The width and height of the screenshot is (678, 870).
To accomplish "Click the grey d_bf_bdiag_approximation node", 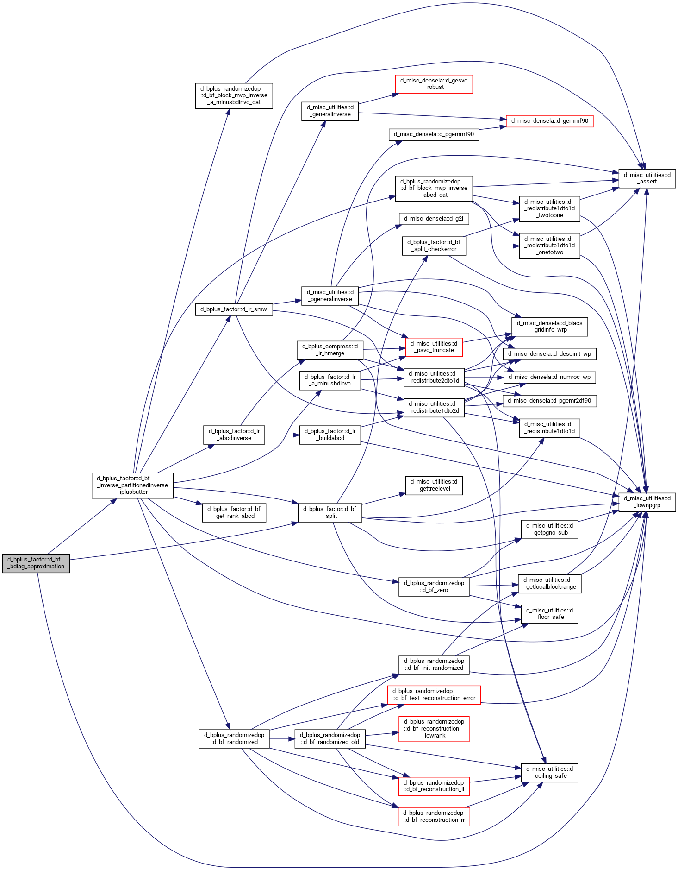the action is click(36, 563).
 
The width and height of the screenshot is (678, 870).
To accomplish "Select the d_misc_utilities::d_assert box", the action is click(647, 178).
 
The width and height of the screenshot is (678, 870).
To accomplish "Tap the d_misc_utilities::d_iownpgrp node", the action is click(647, 502).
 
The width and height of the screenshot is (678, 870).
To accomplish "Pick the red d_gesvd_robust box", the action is click(434, 84).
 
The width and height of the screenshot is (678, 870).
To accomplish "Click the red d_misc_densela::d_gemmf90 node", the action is click(549, 121).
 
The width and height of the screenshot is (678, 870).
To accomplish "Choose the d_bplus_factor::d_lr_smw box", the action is click(234, 309).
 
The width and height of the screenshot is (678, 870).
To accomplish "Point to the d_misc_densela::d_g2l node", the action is click(434, 219).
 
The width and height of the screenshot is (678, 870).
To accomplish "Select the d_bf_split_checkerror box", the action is click(434, 246).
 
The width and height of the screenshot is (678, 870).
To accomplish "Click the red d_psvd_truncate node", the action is click(434, 347).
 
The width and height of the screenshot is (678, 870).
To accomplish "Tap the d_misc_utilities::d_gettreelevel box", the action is click(434, 485).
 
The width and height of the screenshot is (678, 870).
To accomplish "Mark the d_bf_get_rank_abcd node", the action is click(234, 512).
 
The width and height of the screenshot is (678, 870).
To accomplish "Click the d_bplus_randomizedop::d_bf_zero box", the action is click(434, 586).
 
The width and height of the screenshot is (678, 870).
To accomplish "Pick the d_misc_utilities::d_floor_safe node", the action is click(549, 614).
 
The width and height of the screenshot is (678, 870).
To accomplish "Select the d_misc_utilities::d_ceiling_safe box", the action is click(549, 772).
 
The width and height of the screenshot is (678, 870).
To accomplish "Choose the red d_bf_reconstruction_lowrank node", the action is click(434, 728).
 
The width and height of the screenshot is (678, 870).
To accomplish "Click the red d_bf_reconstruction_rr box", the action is click(434, 816).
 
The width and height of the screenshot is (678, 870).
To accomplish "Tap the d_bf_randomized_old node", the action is click(330, 738).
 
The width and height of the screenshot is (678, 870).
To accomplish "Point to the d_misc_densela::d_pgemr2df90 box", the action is click(549, 401).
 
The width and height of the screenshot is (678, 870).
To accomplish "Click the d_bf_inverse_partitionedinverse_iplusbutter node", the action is click(132, 485).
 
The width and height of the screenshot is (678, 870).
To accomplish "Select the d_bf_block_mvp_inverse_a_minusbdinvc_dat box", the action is click(234, 96).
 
